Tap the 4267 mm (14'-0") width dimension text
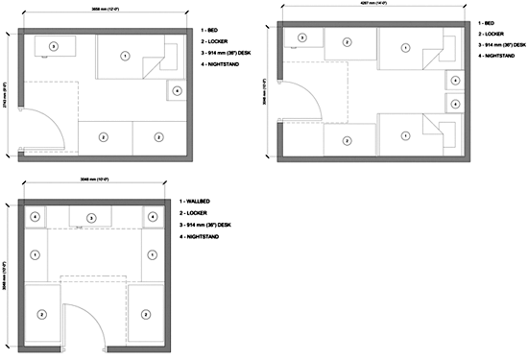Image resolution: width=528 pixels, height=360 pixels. tap(373, 8)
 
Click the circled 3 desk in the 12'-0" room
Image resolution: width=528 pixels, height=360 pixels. tap(54, 45)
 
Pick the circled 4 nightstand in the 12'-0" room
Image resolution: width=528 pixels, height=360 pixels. tap(178, 91)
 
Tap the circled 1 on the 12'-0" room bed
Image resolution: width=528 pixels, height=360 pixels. tap(125, 57)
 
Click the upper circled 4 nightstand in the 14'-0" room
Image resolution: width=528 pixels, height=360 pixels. tap(454, 82)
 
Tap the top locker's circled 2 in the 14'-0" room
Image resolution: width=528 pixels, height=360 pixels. tap(344, 40)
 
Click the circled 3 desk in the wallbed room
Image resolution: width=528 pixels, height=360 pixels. tap(91, 219)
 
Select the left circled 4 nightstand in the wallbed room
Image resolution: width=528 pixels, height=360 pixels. tap(36, 217)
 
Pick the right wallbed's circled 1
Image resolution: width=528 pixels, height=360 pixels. tap(152, 255)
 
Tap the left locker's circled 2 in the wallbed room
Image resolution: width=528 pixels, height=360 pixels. tap(42, 314)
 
